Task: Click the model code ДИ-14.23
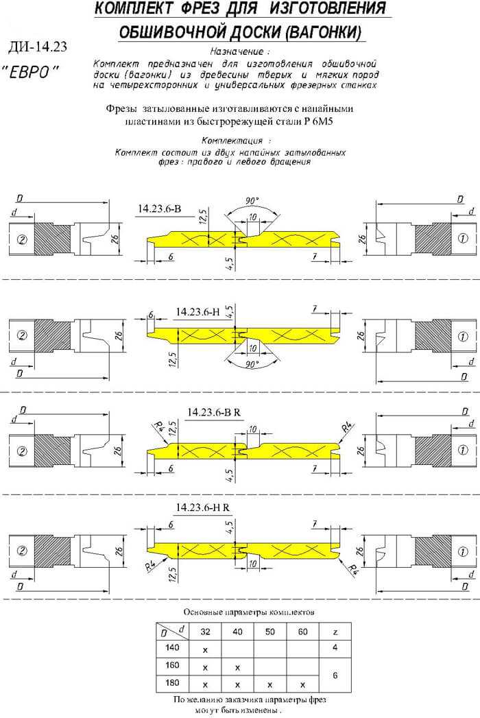point(37,47)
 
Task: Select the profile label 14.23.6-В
point(159,208)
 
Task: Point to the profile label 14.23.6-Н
point(197,312)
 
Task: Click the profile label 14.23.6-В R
point(213,412)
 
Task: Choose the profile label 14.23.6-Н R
point(202,507)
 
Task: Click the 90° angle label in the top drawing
point(252,200)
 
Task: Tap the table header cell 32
point(205,632)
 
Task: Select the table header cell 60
point(303,632)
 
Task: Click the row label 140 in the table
point(172,647)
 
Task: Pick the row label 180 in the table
point(172,683)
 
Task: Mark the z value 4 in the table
point(335,647)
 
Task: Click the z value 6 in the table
point(335,675)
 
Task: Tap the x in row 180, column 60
point(303,685)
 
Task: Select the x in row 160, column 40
point(237,668)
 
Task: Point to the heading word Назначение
point(237,51)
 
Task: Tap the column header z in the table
point(335,632)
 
